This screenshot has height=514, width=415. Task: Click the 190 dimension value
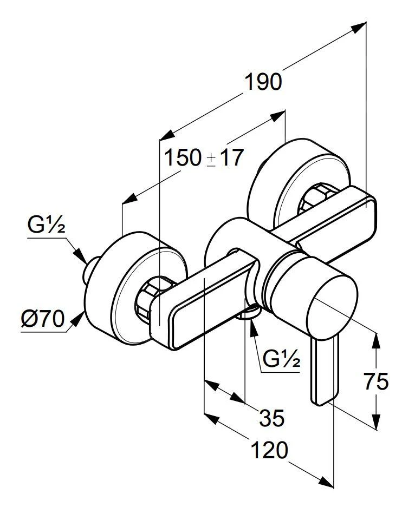tap(263, 82)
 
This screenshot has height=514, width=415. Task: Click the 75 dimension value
tap(376, 382)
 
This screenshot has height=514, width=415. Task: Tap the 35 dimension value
tap(271, 418)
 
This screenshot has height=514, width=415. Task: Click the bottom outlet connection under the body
tap(250, 312)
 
